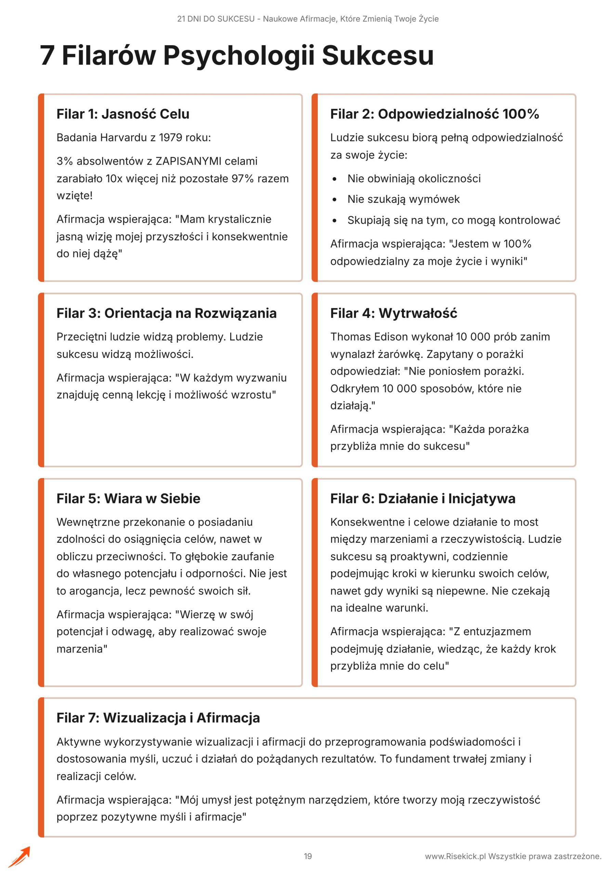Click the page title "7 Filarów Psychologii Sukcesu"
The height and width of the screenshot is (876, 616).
point(236,56)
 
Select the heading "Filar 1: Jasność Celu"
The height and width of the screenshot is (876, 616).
point(123,114)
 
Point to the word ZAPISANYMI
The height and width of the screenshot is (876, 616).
point(188,161)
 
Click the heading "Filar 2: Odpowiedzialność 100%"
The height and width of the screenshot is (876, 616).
point(434,114)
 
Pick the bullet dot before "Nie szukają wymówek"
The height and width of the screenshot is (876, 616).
point(335,199)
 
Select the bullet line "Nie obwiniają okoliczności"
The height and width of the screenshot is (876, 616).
point(414,179)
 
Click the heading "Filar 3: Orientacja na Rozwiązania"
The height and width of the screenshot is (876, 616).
point(166,313)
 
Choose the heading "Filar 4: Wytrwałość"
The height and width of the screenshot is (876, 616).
point(393,313)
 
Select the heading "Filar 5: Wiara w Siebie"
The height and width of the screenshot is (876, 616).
point(128,498)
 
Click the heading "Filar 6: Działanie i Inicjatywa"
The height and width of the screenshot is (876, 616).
point(423,498)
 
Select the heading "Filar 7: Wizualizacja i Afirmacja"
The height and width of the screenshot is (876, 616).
point(158,718)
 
